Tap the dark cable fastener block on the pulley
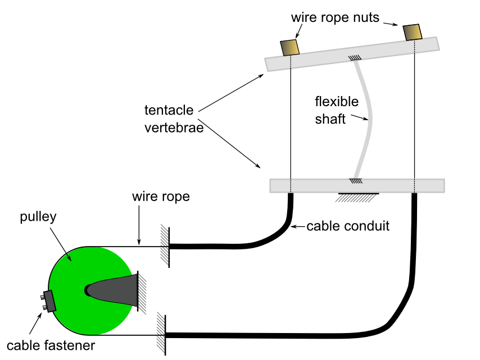49,301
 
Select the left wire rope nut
289,47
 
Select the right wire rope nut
412,33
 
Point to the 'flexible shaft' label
336,110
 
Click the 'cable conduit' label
348,227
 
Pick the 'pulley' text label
38,217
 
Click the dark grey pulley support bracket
118,290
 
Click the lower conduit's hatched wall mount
161,334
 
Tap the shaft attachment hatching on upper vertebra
355,58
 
